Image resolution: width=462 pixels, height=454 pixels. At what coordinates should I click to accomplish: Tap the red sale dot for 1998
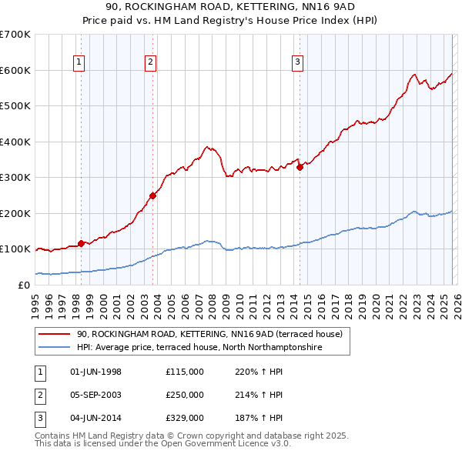pos(81,243)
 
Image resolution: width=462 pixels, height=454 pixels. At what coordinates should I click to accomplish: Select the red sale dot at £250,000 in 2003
pos(152,195)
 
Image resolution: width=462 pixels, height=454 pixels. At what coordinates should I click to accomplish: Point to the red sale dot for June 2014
pos(300,167)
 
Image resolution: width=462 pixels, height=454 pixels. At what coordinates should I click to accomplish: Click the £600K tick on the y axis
pos(15,70)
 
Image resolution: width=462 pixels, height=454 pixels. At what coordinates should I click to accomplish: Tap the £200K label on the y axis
pos(15,213)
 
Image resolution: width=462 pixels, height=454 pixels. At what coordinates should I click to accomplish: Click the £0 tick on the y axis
pos(25,285)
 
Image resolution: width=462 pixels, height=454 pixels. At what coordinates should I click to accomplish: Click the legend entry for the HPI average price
pos(199,348)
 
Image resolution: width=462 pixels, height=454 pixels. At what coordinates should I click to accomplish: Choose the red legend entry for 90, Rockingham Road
pos(203,334)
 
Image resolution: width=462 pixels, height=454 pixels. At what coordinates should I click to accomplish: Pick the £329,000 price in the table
pos(185,418)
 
